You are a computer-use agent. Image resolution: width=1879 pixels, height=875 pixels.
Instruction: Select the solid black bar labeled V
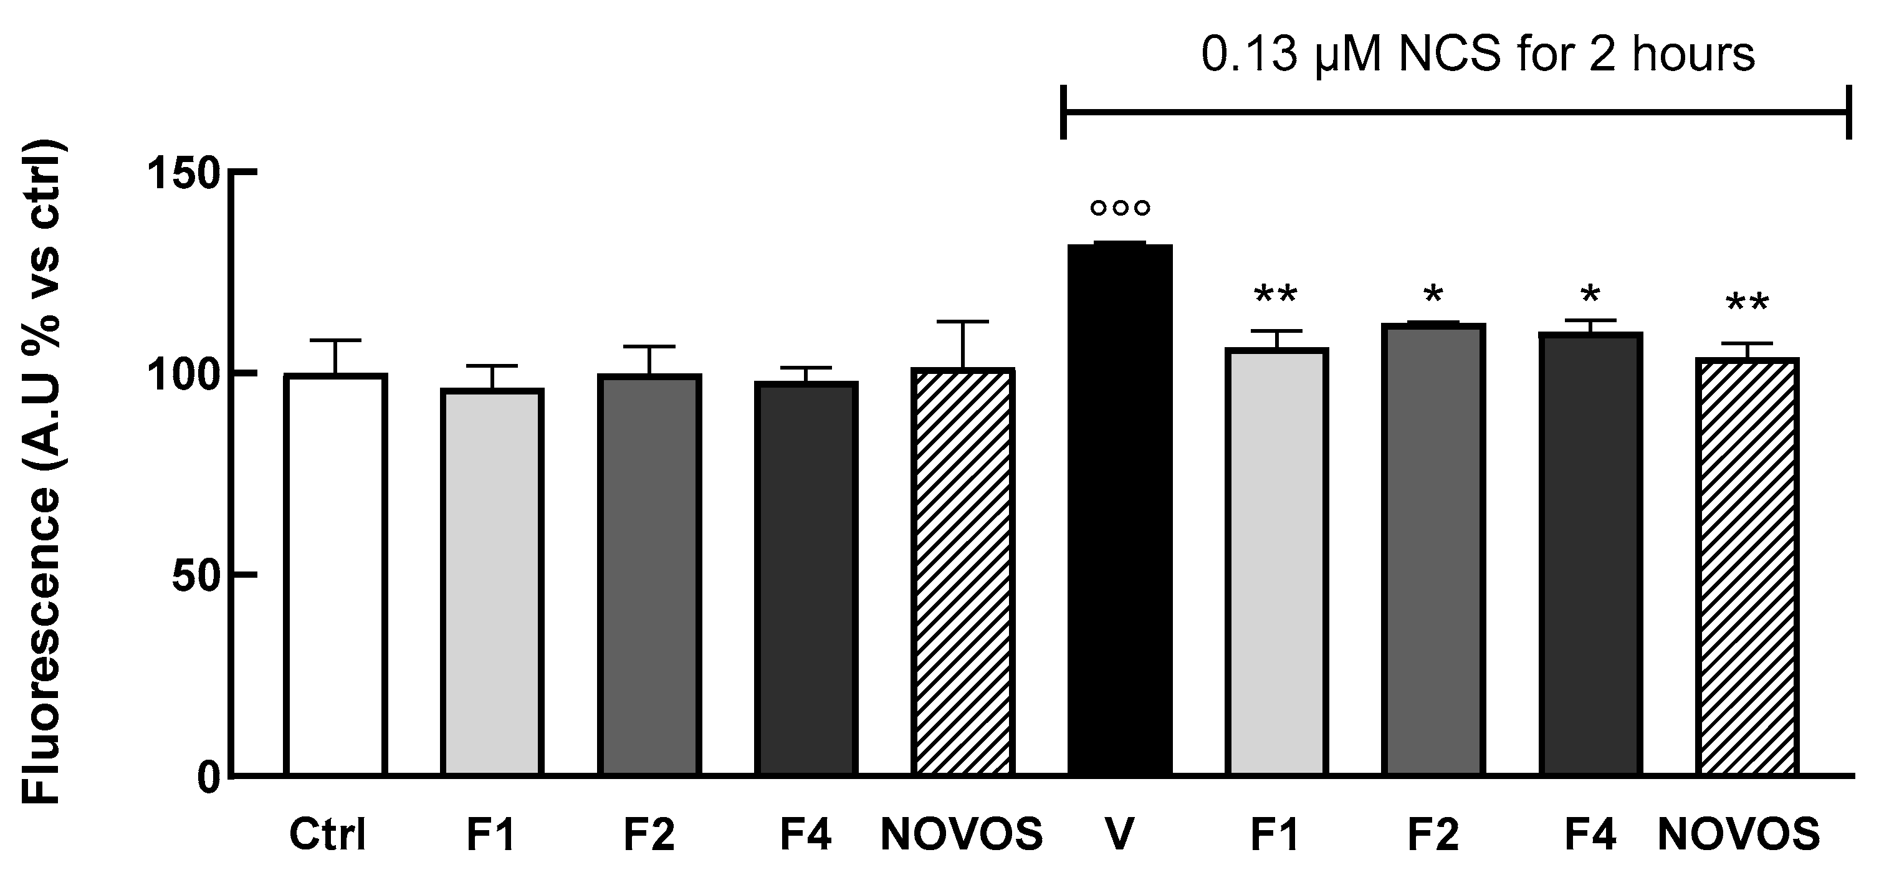tap(1120, 510)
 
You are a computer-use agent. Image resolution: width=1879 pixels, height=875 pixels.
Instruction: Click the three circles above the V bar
tap(1120, 208)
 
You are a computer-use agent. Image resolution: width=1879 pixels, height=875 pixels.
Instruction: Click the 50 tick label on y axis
tap(195, 576)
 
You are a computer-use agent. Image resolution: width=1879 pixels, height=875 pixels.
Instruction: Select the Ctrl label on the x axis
tap(328, 835)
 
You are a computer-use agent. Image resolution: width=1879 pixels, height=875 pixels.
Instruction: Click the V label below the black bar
tap(1120, 835)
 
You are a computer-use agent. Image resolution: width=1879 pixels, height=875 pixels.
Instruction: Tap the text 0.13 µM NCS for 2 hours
tap(1477, 55)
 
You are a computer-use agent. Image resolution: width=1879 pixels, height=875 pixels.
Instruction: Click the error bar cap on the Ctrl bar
tap(335, 340)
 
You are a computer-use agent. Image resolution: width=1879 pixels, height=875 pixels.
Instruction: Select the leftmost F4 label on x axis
tap(805, 835)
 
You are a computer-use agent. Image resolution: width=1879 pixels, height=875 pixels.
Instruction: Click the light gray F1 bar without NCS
tap(492, 583)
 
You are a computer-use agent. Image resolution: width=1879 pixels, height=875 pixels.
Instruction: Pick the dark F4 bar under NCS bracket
tap(1590, 554)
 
